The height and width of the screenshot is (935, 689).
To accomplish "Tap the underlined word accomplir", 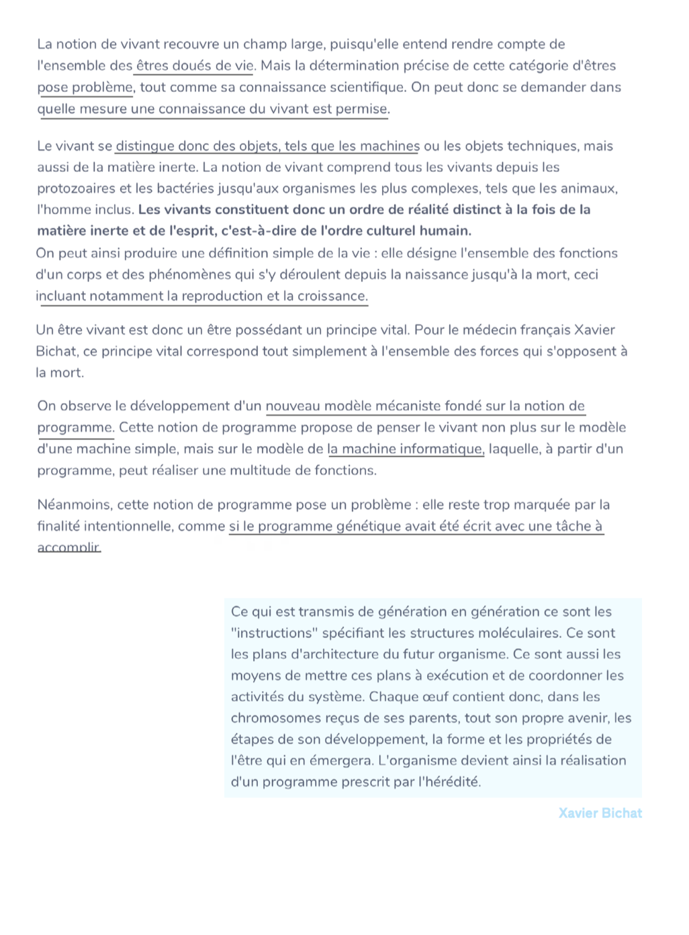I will point(68,547).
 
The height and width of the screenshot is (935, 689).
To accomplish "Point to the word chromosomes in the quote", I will point(276,718).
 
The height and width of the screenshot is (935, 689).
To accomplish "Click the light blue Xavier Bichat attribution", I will point(600,813).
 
